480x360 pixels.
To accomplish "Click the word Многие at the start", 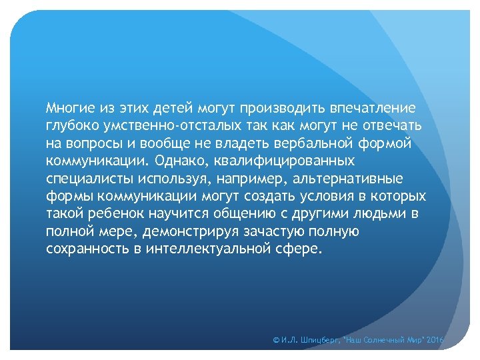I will [69, 107].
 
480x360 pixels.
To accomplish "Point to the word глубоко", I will [71, 125].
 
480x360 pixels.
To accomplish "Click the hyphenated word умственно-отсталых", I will [168, 125].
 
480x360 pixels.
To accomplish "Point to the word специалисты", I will [91, 179].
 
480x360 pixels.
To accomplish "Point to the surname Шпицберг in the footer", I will [320, 341].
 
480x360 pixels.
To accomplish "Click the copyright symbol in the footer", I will [277, 341].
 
